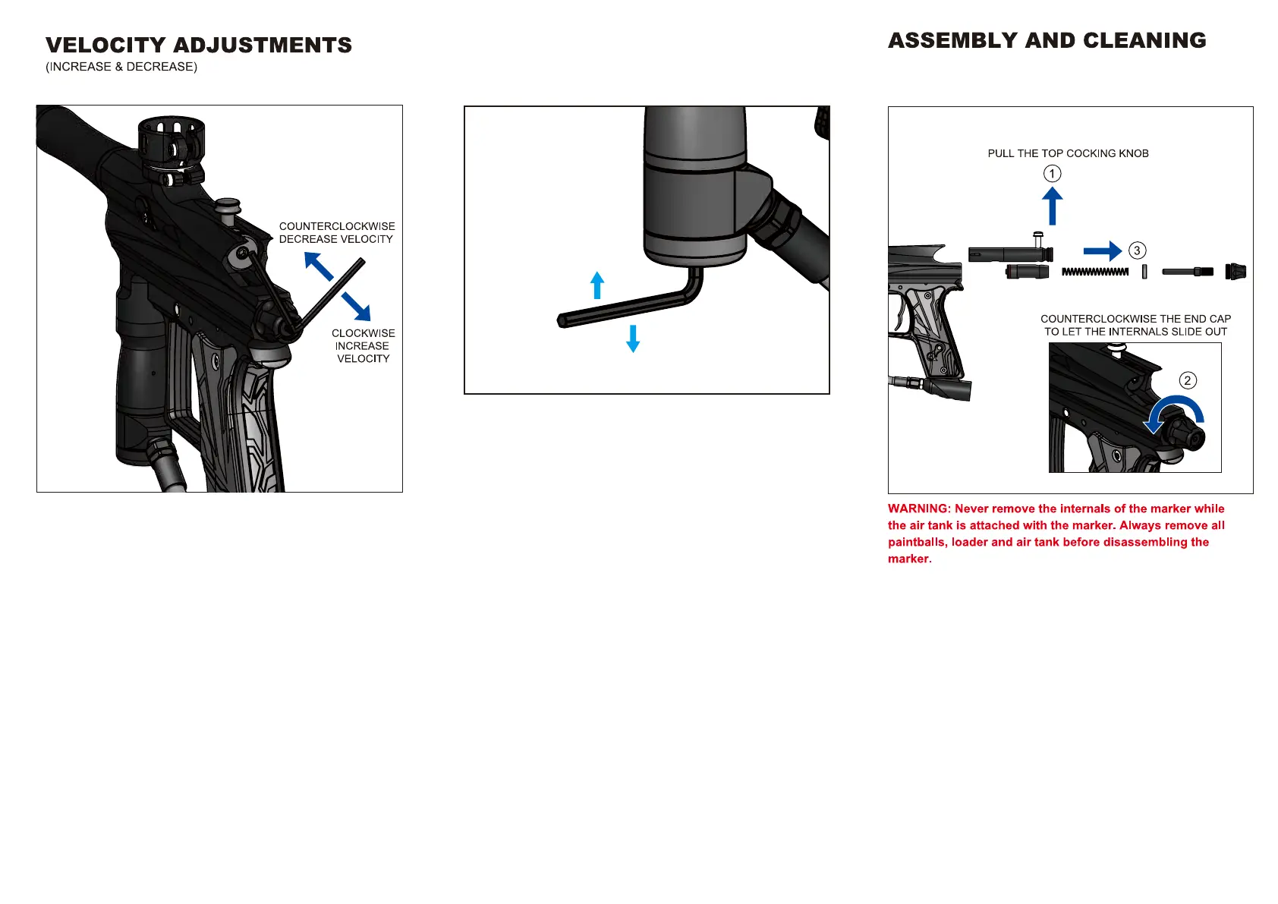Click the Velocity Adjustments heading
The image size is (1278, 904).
(199, 46)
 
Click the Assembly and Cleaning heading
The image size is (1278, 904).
(1047, 41)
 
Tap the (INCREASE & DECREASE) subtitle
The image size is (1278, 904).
(121, 67)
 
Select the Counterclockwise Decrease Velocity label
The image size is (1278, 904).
(336, 232)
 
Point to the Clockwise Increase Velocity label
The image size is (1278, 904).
(363, 346)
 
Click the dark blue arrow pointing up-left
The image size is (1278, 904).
(319, 266)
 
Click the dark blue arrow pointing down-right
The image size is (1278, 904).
(356, 306)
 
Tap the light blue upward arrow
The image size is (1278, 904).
(597, 285)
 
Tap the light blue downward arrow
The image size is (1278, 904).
(633, 339)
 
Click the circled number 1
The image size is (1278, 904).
(1052, 174)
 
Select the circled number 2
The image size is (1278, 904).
(1188, 380)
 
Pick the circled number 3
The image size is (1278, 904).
(1137, 250)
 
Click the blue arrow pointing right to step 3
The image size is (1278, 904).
(1102, 251)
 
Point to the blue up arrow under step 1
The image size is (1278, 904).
(1052, 206)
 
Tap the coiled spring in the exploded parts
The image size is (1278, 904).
(1095, 272)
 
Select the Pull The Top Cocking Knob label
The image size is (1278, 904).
(1068, 153)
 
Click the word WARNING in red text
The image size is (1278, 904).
(918, 509)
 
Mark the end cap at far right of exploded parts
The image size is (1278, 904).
(1236, 271)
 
